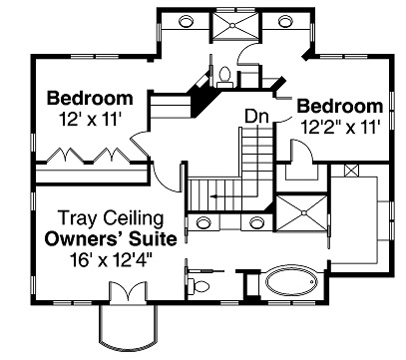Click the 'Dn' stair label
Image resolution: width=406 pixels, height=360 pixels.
pyautogui.click(x=255, y=116)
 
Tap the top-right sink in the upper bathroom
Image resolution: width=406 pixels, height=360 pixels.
pyautogui.click(x=286, y=20)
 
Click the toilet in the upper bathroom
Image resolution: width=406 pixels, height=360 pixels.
pyautogui.click(x=225, y=75)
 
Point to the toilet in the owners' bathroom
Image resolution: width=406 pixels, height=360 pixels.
pyautogui.click(x=203, y=286)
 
